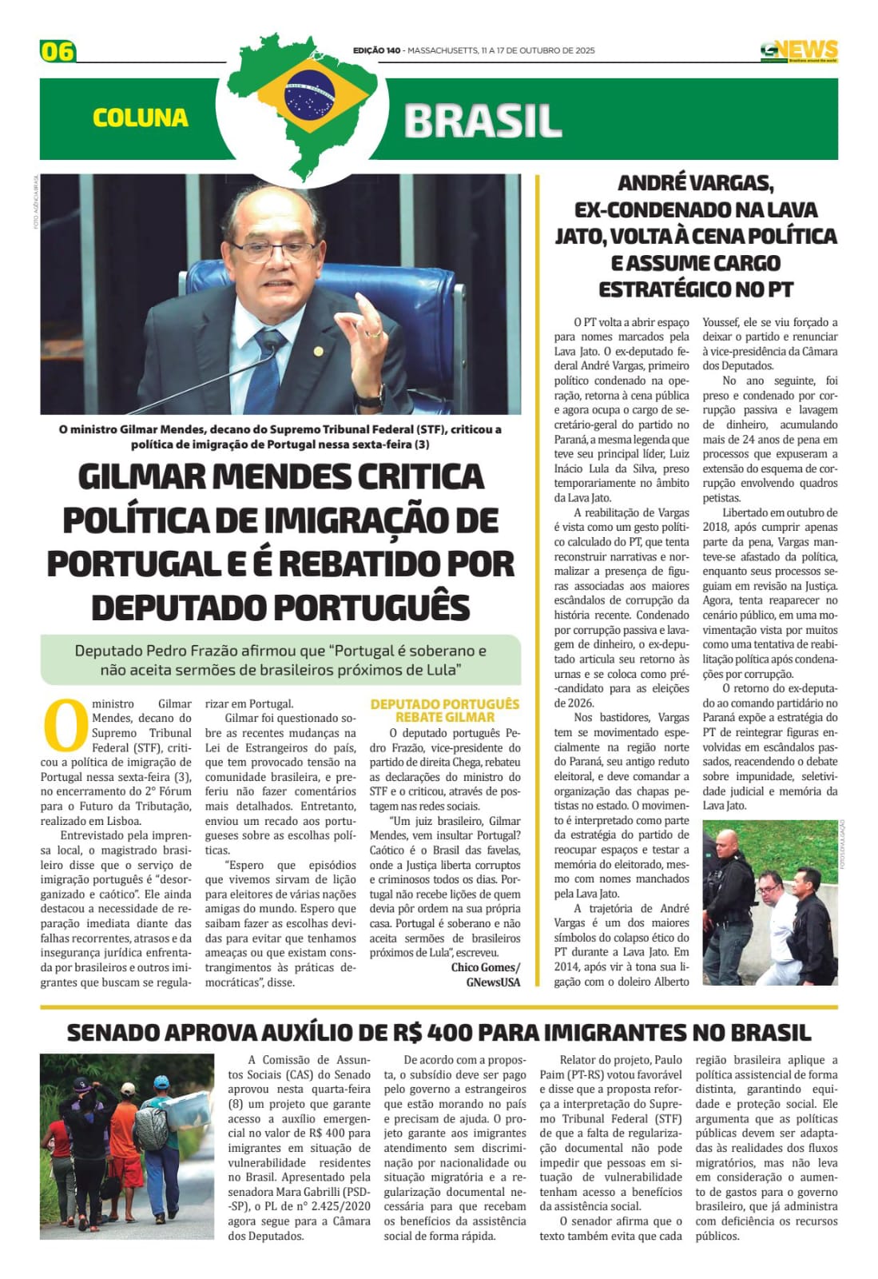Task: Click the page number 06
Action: tap(58, 51)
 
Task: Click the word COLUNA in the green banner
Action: tap(141, 118)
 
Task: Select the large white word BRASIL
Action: tap(483, 121)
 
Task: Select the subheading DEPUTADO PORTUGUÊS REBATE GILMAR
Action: tap(444, 711)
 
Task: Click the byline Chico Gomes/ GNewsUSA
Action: tap(485, 974)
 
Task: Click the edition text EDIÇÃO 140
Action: tap(376, 51)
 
